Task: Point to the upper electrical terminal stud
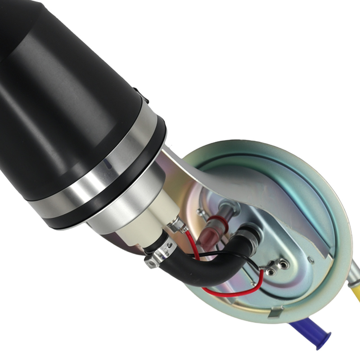point(284,265)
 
